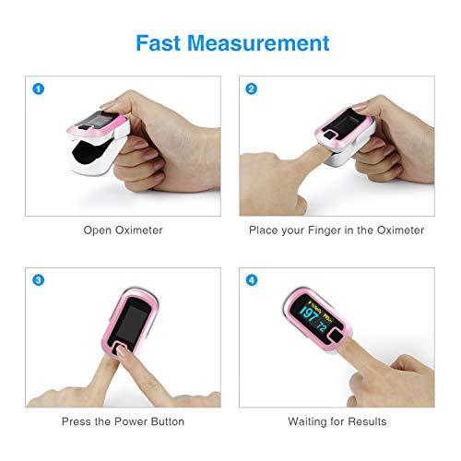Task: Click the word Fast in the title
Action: click(x=160, y=42)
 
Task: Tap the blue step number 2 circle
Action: click(x=251, y=89)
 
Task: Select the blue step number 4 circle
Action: click(x=251, y=279)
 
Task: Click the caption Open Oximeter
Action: click(x=123, y=230)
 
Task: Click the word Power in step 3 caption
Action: click(x=123, y=421)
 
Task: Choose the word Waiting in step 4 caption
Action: click(x=308, y=421)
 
